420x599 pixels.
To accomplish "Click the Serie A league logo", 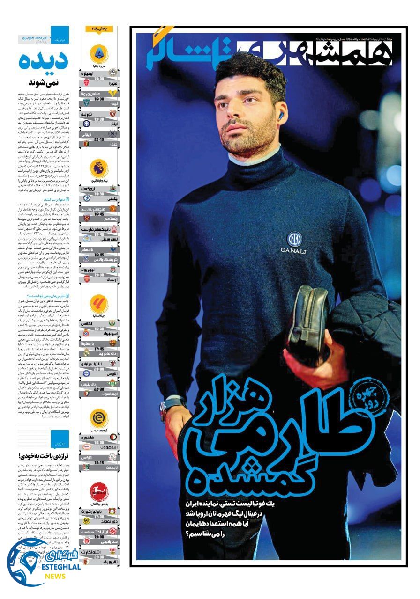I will pyautogui.click(x=99, y=53).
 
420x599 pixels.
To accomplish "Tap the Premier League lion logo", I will pyautogui.click(x=99, y=168).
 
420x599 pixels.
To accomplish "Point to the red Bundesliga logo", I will pyautogui.click(x=99, y=491).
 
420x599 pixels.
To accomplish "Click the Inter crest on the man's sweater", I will pyautogui.click(x=294, y=239).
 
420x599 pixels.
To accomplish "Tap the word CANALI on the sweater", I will pyautogui.click(x=293, y=251).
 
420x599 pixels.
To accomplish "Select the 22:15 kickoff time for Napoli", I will pyautogui.click(x=99, y=139).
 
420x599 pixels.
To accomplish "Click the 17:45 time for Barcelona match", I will pyautogui.click(x=99, y=349).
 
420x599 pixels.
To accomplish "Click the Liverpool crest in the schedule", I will pyautogui.click(x=112, y=270).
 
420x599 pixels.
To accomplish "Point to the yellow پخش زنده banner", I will pyautogui.click(x=99, y=29).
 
